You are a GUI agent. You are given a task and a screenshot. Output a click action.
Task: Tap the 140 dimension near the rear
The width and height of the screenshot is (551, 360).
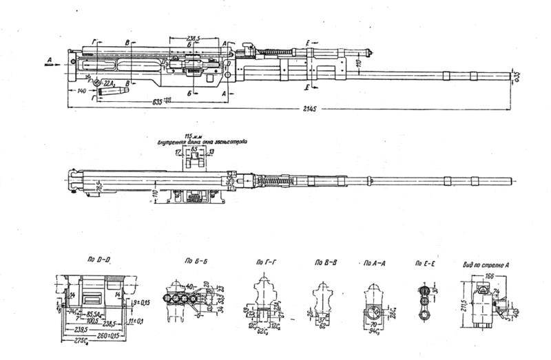coord(82,90)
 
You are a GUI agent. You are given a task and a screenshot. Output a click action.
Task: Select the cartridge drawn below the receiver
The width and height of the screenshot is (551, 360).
coord(112,91)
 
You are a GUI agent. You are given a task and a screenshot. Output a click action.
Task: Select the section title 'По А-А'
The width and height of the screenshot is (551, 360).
coord(371,262)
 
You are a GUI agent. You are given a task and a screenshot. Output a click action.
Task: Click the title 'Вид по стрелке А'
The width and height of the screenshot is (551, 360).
coord(487,262)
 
